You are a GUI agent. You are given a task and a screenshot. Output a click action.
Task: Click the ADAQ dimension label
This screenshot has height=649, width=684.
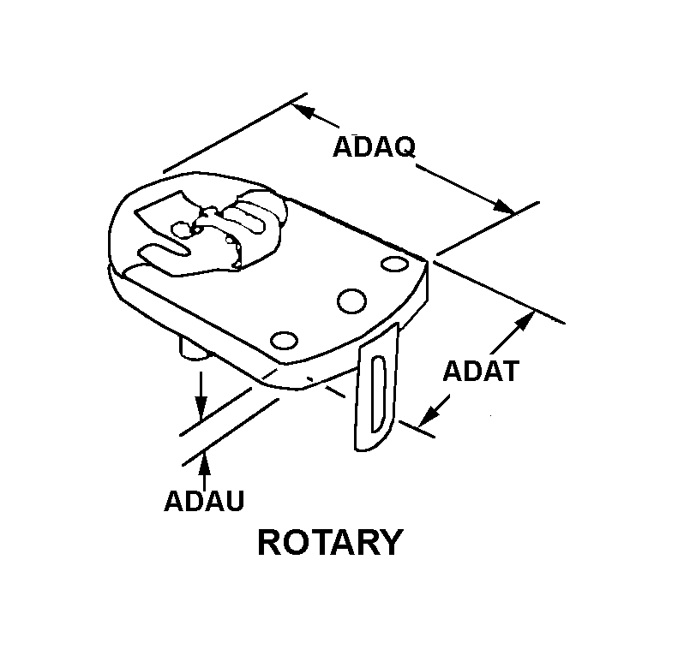click(374, 147)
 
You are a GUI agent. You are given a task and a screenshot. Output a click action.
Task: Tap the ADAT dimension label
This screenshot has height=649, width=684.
click(481, 371)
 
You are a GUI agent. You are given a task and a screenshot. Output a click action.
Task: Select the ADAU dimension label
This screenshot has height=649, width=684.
click(204, 500)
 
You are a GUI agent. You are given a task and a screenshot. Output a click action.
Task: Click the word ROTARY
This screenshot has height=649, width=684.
click(329, 542)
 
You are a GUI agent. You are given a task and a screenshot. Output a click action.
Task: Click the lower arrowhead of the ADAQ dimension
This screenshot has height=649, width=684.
click(504, 206)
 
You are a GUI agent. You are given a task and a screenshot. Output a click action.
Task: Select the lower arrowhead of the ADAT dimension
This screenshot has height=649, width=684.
click(429, 414)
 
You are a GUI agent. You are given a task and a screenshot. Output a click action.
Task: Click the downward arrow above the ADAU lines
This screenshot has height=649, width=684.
click(201, 396)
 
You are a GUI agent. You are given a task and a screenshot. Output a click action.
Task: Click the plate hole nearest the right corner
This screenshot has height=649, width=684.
click(395, 264)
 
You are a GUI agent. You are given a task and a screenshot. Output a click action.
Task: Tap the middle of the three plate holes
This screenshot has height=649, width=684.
click(351, 301)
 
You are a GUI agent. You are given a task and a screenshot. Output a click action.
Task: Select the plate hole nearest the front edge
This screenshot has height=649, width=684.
click(284, 341)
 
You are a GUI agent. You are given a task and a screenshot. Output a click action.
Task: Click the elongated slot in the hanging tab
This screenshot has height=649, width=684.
click(378, 395)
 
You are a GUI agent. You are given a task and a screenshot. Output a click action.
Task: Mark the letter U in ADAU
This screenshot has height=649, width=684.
click(234, 500)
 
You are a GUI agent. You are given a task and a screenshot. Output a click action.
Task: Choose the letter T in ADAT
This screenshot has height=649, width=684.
click(509, 371)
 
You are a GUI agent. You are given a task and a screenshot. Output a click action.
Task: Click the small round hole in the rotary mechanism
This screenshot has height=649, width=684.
click(181, 229)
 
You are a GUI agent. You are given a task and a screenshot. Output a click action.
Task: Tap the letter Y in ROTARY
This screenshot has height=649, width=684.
click(389, 542)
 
